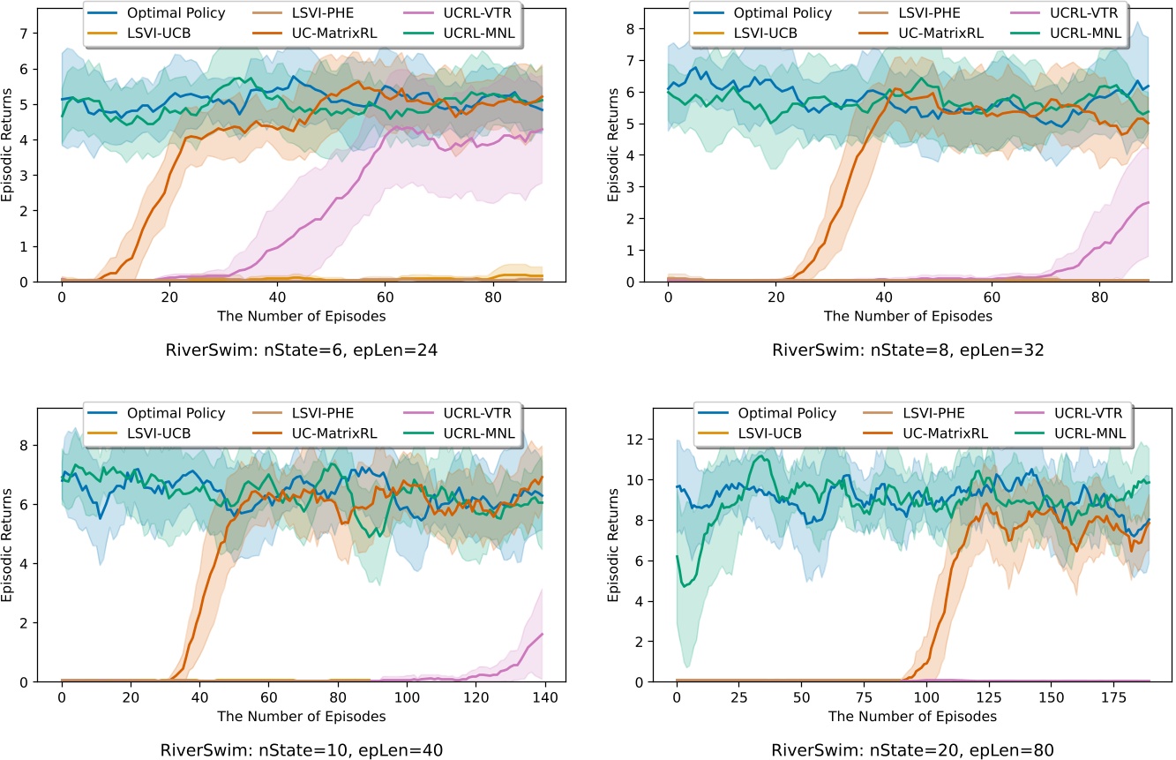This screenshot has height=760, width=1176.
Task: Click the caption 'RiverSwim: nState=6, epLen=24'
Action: (x=303, y=349)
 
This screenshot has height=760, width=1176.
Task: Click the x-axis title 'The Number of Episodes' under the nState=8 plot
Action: (x=908, y=315)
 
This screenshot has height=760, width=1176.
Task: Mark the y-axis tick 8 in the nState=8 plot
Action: (x=650, y=28)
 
